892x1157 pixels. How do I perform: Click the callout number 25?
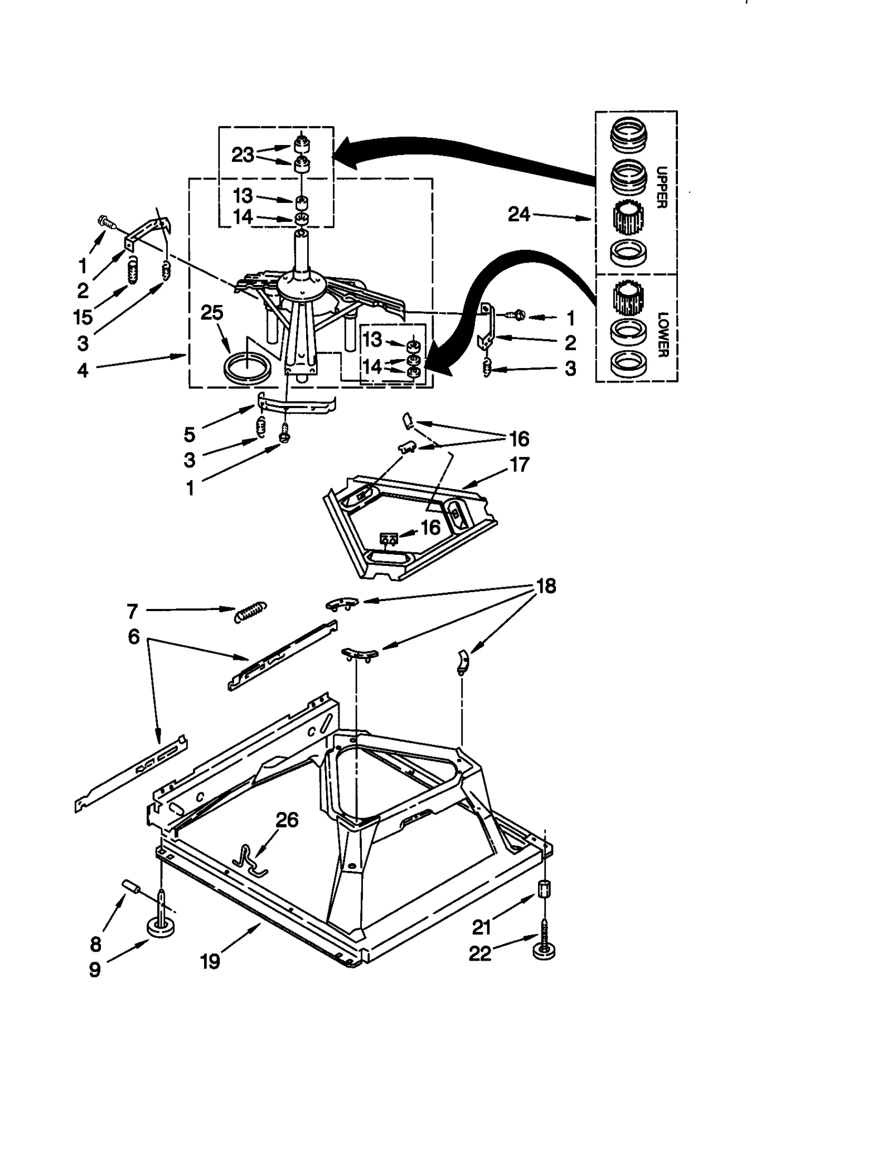click(212, 313)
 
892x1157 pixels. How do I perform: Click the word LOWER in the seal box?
click(662, 335)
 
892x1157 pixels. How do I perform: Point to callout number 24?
click(518, 214)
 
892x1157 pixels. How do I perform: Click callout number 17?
click(519, 464)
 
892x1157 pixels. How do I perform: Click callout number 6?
click(134, 636)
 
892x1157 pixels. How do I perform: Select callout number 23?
click(243, 154)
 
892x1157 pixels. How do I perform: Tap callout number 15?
click(83, 317)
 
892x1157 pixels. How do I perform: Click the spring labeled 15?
click(132, 271)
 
